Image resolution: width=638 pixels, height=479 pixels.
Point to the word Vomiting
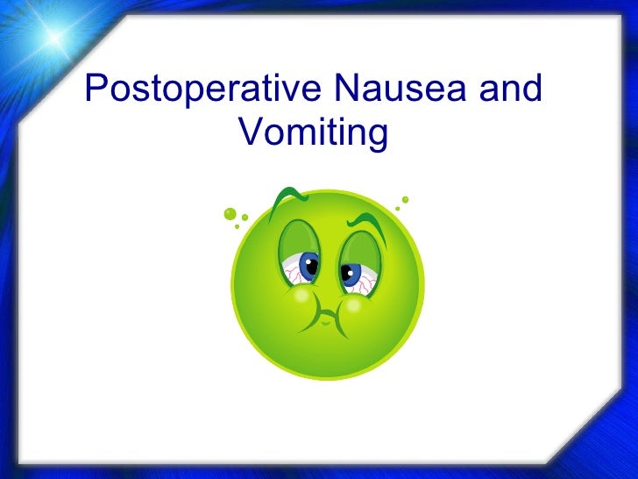(x=313, y=133)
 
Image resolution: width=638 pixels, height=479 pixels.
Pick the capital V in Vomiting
(x=249, y=133)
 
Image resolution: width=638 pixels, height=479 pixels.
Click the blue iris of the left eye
(x=310, y=264)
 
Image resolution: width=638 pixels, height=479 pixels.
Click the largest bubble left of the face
(x=230, y=212)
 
